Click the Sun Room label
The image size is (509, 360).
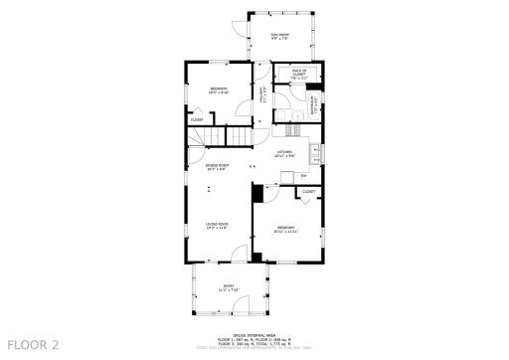click(280, 36)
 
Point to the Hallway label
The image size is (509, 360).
click(263, 93)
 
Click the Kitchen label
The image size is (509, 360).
click(285, 152)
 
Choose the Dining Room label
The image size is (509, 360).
click(217, 165)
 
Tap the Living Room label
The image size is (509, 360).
click(217, 226)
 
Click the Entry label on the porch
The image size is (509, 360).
click(229, 287)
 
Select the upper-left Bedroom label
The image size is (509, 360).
click(219, 90)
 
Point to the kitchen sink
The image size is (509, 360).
click(315, 152)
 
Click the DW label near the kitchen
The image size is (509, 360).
click(304, 175)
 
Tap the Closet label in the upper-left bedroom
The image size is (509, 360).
click(197, 119)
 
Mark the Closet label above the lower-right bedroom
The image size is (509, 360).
click(308, 191)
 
